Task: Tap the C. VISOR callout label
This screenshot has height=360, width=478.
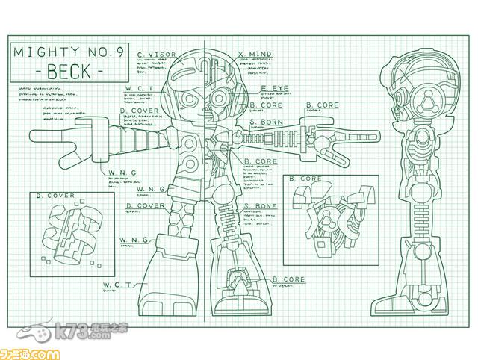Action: pos(156,55)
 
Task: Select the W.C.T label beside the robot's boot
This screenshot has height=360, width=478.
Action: pos(117,285)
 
